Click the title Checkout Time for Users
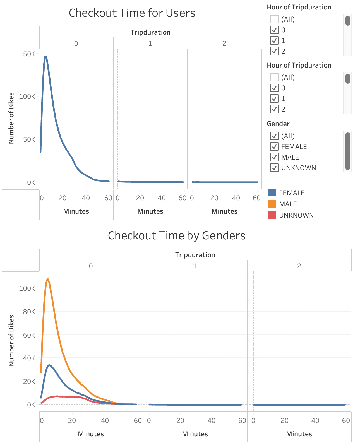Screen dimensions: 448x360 coord(132,13)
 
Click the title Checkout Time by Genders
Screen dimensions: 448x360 coord(176,236)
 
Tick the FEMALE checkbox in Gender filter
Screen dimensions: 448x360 coord(274,146)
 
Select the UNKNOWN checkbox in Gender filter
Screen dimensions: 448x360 coord(274,168)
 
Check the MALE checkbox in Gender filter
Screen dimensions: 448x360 coord(274,157)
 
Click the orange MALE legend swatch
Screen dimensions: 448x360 coord(272,204)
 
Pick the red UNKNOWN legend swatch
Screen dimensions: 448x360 coord(272,215)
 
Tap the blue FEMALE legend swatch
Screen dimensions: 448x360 coord(272,193)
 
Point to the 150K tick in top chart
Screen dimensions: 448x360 coord(27,54)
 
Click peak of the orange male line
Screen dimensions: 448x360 coord(48,279)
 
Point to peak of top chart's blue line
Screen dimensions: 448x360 coord(45,56)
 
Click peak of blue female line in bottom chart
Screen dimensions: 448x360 coord(49,365)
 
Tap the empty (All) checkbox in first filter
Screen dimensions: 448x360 coord(274,19)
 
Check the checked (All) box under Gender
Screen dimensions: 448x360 coord(274,136)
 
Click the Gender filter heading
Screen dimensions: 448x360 coord(278,124)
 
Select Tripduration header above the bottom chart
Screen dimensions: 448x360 coord(195,255)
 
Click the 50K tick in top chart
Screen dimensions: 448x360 coord(29,139)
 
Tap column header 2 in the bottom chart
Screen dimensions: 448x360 coord(299,266)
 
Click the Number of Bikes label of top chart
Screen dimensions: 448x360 coord(11,118)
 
